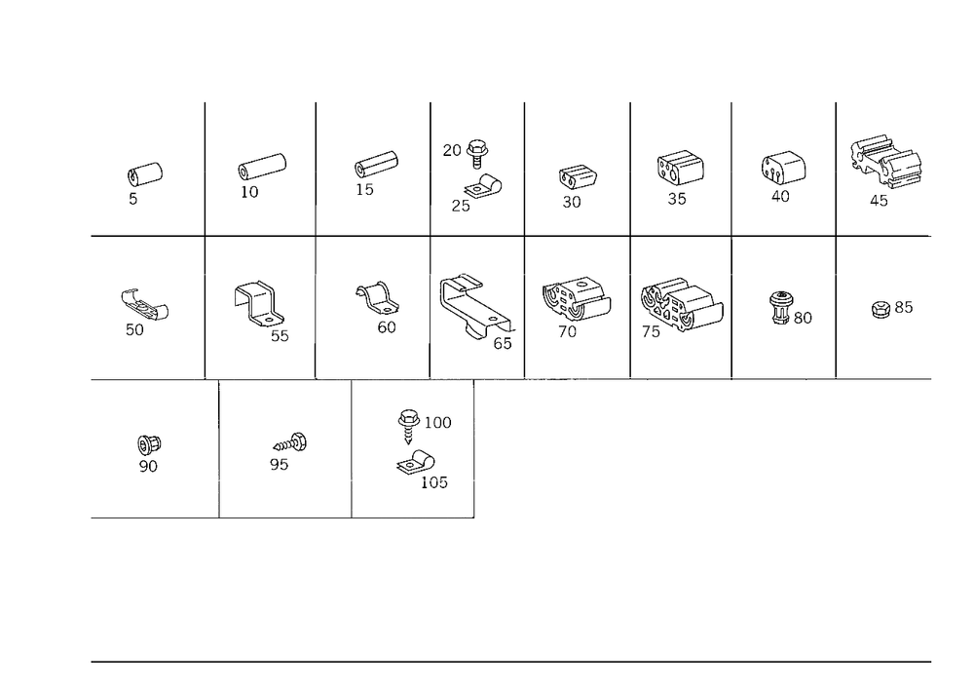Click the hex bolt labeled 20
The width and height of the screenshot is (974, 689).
(477, 153)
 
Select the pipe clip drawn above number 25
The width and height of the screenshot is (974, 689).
(484, 187)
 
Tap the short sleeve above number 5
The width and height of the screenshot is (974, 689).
(145, 174)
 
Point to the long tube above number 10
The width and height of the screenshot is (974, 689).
(261, 167)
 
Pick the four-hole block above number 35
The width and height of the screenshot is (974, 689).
(680, 167)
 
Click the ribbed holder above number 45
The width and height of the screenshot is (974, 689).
(885, 162)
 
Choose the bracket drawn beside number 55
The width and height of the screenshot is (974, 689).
(258, 302)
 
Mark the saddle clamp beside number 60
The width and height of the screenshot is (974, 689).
(377, 299)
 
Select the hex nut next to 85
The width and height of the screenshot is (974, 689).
(880, 309)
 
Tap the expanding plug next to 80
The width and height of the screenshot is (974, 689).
(781, 307)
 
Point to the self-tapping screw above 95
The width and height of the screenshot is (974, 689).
(290, 443)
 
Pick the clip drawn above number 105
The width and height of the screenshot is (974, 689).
(415, 463)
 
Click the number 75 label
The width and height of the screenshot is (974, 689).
(651, 331)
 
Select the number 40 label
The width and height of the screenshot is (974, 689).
(780, 196)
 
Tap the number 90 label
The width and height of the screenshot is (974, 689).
(148, 466)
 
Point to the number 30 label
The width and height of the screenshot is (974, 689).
(572, 202)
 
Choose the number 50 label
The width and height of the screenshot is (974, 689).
(134, 330)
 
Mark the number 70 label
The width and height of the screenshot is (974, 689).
(567, 331)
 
